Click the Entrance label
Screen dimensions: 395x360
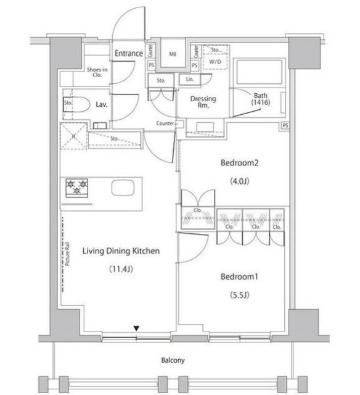coord(128,53)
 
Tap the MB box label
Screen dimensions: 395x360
coord(174,54)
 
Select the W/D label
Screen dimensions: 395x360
coord(216,62)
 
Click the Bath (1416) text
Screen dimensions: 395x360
coord(261,99)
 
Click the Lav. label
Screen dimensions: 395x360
coord(102,104)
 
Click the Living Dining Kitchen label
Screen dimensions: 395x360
coord(121,251)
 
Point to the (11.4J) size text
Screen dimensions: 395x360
coord(121,269)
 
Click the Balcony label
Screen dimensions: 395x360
coord(173,360)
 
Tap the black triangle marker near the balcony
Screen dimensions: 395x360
coord(137,329)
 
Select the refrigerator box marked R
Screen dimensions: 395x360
coord(73,136)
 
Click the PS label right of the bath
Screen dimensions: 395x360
coord(285,126)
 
